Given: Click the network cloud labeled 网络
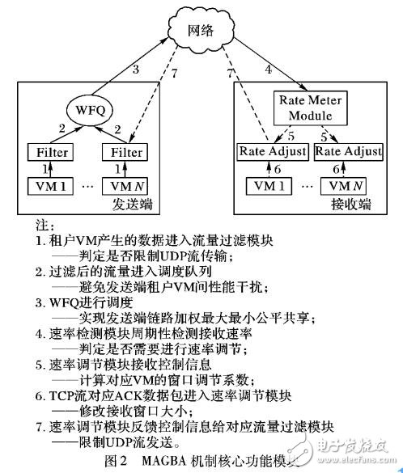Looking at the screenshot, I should coord(201,32).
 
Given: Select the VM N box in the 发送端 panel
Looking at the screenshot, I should coord(124,186).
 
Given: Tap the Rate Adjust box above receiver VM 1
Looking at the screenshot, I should coord(273,150).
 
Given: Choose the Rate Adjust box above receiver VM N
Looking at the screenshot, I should coord(350,150).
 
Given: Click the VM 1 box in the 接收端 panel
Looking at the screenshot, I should coord(272,187).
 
